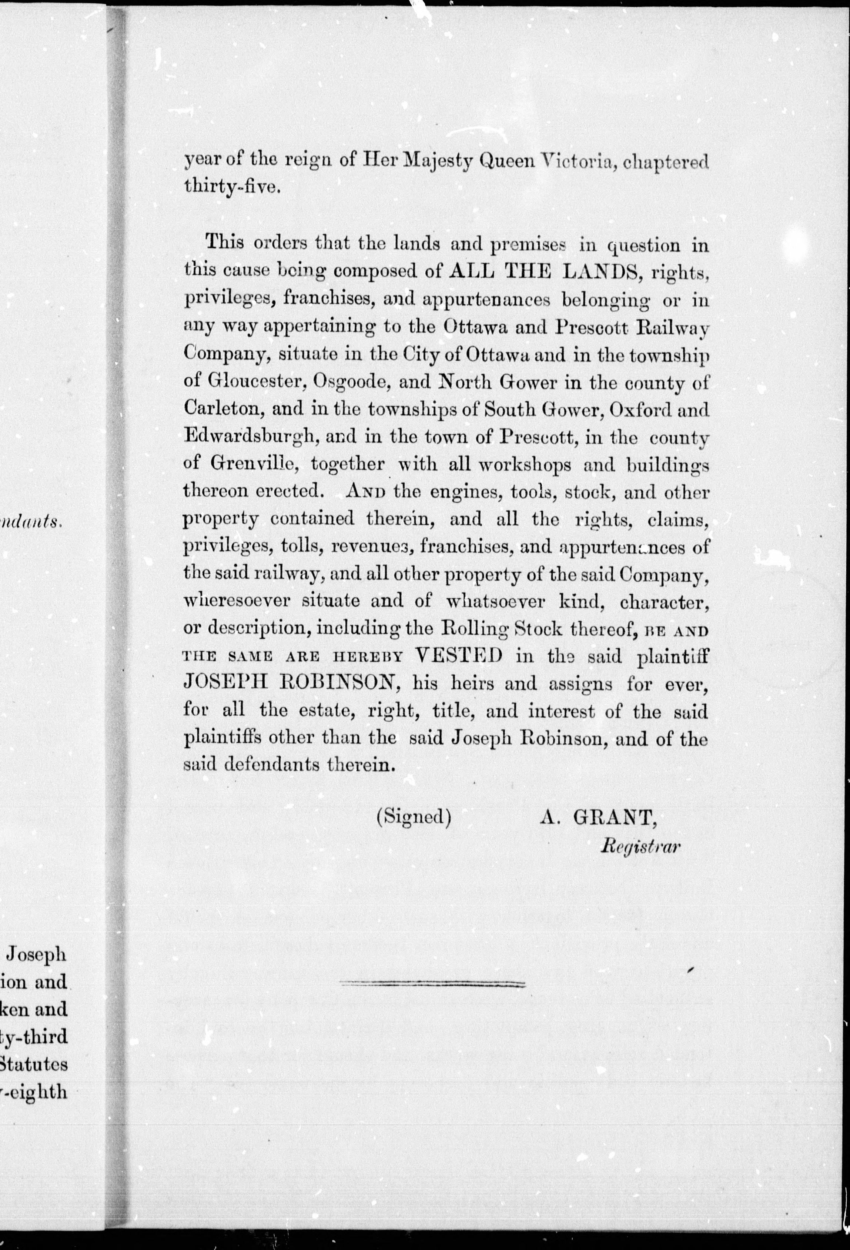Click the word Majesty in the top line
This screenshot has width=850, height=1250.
coord(434,161)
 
